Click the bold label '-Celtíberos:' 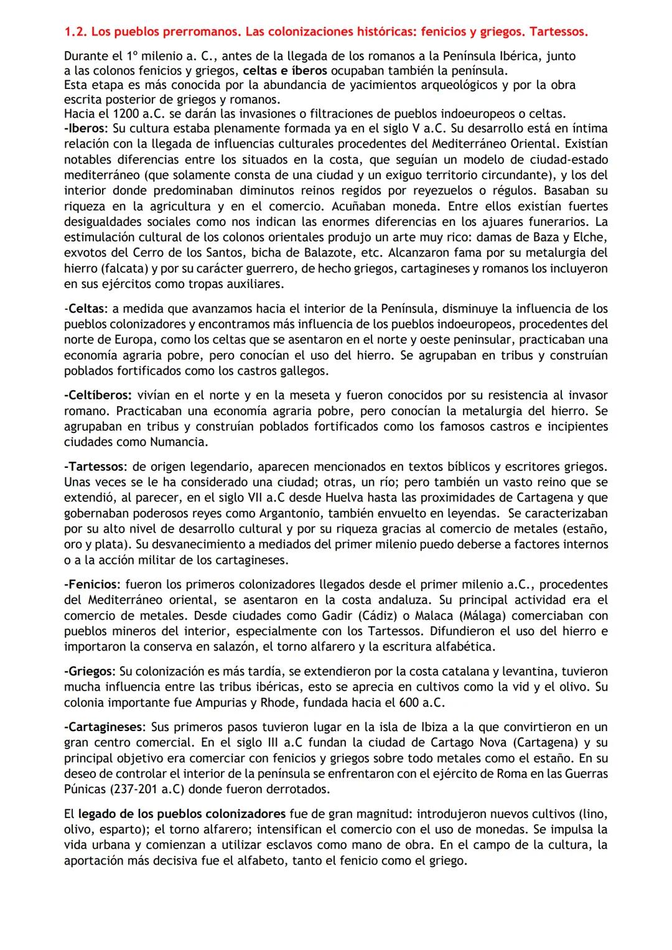pyautogui.click(x=98, y=395)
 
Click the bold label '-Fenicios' pyautogui.click(x=91, y=585)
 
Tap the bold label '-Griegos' pyautogui.click(x=89, y=672)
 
